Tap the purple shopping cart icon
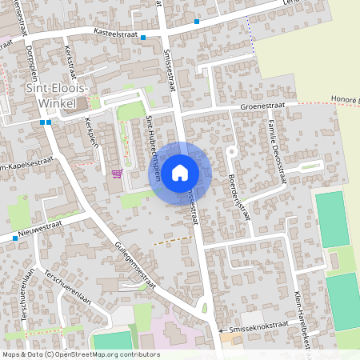pyautogui.click(x=118, y=173)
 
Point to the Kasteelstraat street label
pyautogui.click(x=116, y=33)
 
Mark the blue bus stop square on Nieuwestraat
pyautogui.click(x=14, y=238)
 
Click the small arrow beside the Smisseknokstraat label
pyautogui.click(x=221, y=329)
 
